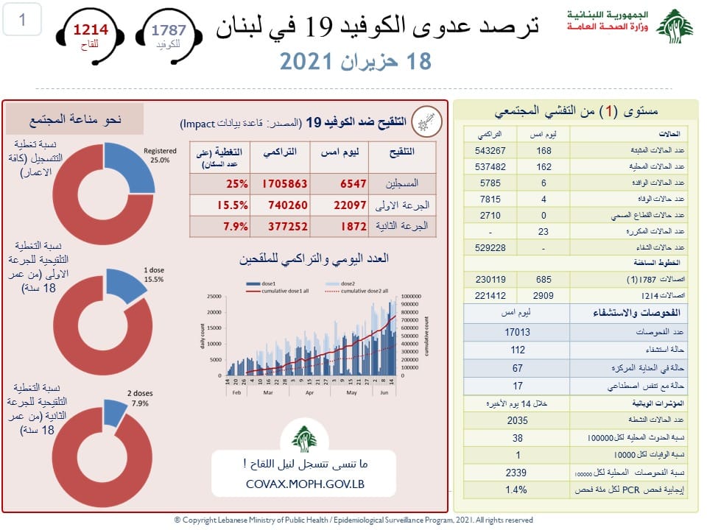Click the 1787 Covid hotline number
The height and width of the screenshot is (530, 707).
coord(169,30)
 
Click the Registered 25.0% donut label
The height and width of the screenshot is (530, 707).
coord(160,155)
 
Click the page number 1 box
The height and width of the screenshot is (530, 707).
coord(22,20)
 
